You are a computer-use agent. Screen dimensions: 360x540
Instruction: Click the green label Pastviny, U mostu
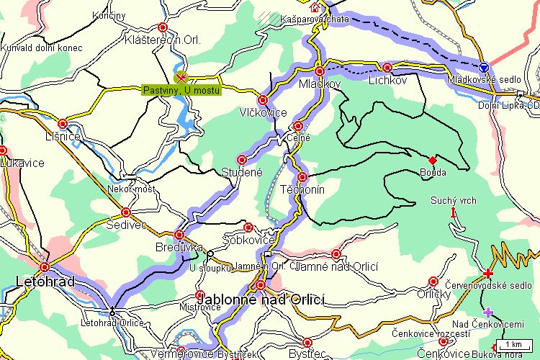click(181, 90)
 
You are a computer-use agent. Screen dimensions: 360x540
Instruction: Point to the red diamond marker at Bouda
click(433, 159)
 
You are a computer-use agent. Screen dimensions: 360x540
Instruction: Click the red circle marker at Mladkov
click(320, 71)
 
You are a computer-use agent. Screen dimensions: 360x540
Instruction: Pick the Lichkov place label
click(387, 83)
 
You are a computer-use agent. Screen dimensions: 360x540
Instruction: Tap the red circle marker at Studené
click(242, 159)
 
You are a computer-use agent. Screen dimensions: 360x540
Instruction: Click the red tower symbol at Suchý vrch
click(453, 212)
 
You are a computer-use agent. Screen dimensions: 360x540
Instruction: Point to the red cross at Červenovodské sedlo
click(488, 273)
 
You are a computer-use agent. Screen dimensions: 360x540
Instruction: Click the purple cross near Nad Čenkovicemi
click(488, 312)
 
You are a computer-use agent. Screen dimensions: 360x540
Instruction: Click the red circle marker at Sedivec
click(126, 212)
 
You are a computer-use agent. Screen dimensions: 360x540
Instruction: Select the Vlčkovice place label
click(264, 113)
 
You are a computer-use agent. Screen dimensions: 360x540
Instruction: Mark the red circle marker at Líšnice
click(63, 123)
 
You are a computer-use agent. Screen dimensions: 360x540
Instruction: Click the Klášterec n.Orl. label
click(161, 40)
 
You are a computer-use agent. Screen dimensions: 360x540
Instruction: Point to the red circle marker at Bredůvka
click(179, 235)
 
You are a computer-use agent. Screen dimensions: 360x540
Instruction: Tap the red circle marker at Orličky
click(433, 282)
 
